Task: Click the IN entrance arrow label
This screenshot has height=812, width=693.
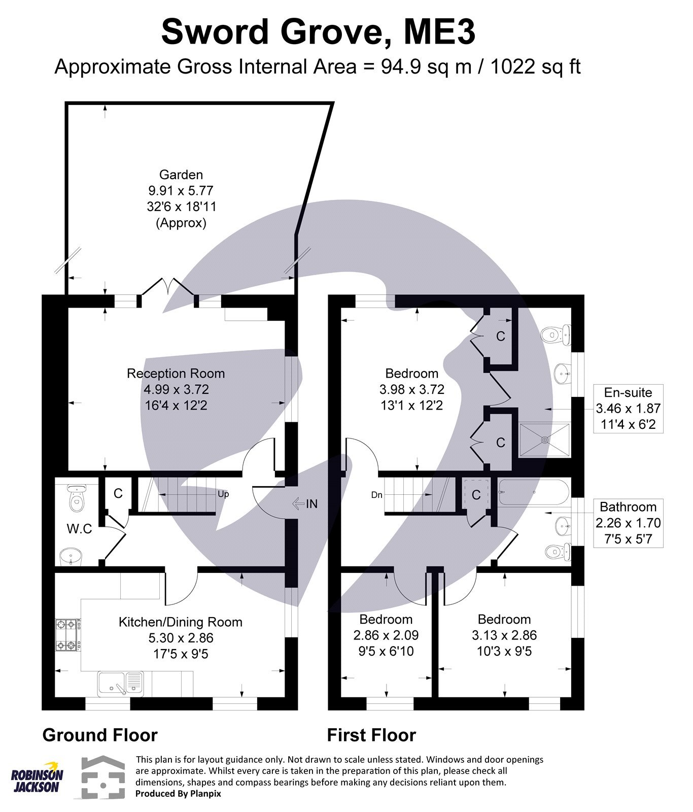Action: [305, 503]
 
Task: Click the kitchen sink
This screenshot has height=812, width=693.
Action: [121, 683]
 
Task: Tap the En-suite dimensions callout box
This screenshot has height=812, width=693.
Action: [628, 409]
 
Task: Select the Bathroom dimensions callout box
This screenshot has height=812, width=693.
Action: [628, 523]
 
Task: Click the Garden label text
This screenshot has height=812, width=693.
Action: [181, 175]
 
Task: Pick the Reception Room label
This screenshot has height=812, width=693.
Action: [176, 374]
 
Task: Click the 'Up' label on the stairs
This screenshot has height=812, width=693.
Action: [223, 494]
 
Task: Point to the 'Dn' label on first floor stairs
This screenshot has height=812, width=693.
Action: [376, 495]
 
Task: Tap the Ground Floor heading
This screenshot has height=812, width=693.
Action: [100, 735]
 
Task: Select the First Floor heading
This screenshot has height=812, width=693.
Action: [371, 735]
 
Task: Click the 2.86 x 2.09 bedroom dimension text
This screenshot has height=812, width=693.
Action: [386, 635]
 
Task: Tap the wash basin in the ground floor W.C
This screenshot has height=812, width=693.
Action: [70, 556]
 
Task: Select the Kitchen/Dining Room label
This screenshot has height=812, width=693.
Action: [180, 622]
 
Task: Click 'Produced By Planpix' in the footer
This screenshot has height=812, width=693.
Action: [178, 794]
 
